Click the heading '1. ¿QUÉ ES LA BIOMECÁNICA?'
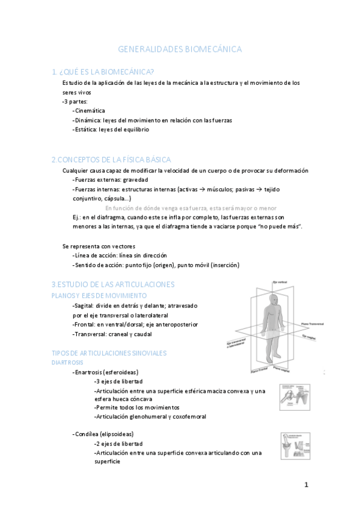(x=103, y=71)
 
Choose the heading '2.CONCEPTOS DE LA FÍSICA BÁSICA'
(x=111, y=159)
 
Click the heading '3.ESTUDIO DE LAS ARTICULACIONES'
(x=113, y=283)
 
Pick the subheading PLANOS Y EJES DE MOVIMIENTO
(x=99, y=295)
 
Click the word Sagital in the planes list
(x=86, y=306)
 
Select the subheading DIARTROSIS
(x=67, y=363)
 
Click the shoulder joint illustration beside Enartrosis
(x=294, y=396)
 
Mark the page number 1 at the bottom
(x=306, y=485)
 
